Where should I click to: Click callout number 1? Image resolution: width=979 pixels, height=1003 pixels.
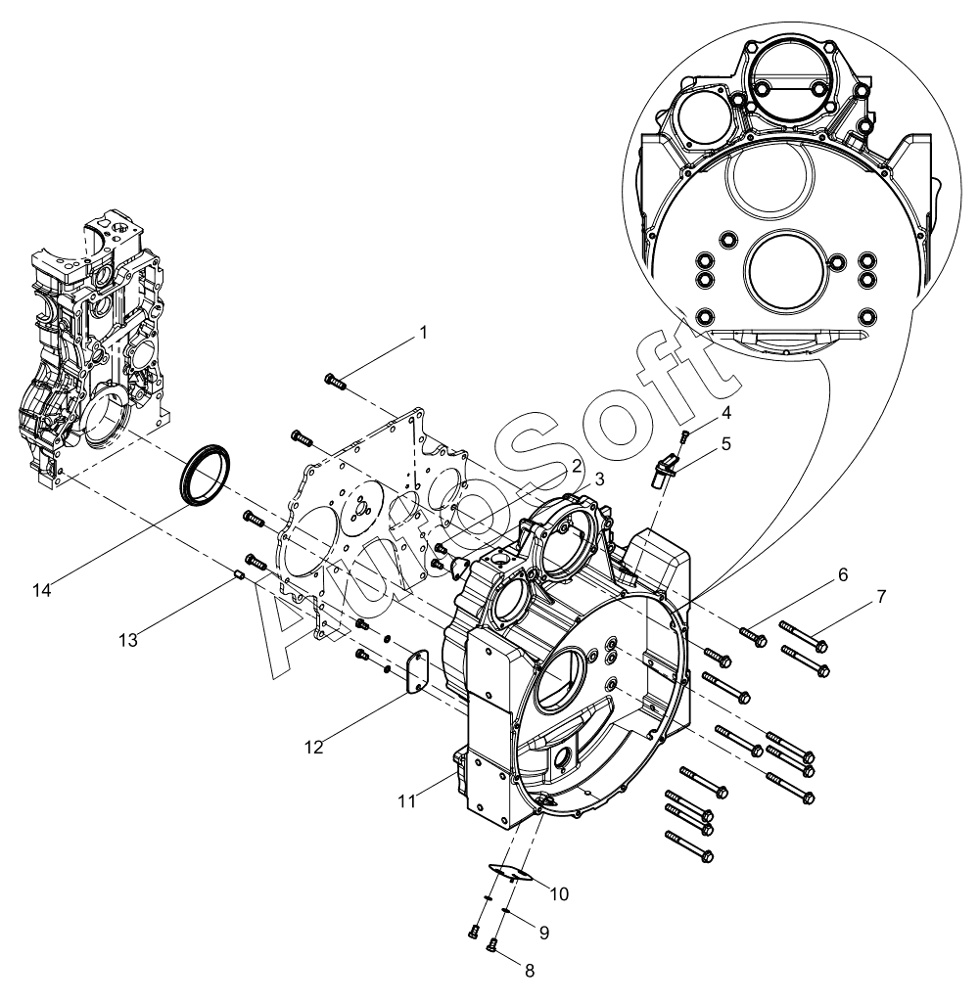coord(423,333)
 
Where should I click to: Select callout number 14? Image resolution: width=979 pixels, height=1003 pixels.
coord(41,590)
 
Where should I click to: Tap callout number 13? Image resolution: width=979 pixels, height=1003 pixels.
coord(128,640)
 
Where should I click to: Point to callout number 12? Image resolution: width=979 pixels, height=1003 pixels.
coord(314,747)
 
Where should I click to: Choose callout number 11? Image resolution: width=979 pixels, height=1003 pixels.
coord(407,800)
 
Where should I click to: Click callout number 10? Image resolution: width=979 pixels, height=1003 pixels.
coord(559,894)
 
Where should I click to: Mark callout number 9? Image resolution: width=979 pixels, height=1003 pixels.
coord(544,933)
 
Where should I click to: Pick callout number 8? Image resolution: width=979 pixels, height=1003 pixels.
coord(530,971)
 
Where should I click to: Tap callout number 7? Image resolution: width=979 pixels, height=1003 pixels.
coord(882,597)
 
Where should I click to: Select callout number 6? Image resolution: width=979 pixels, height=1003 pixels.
coord(843,575)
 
